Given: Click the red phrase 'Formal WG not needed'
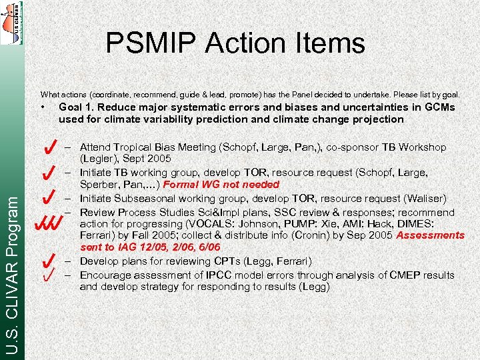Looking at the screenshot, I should click(221, 185).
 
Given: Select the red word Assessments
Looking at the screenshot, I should click(431, 235).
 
